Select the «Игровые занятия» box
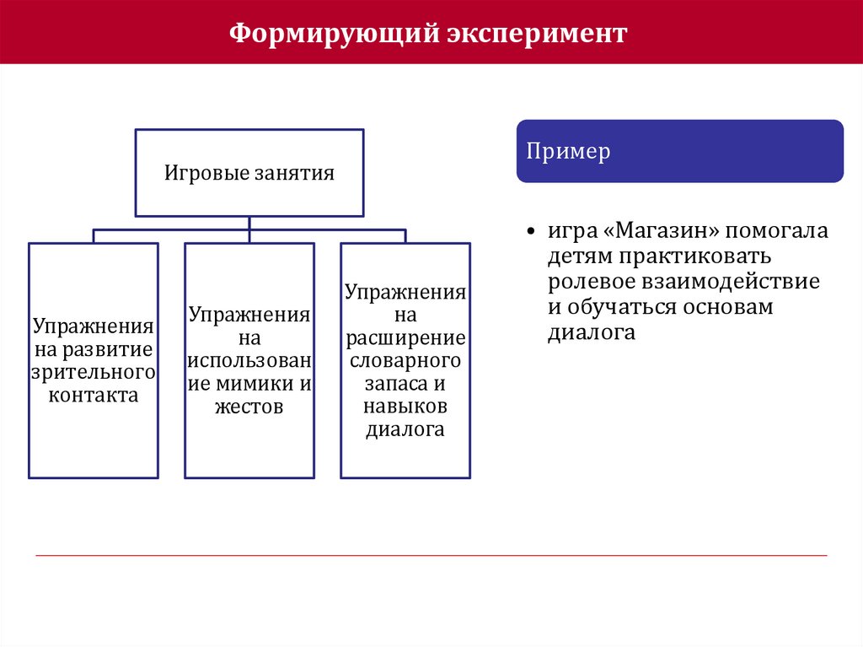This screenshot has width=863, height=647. pos(249,173)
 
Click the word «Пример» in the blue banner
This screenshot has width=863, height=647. pos(569,152)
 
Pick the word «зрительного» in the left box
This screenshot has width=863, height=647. pos(93,371)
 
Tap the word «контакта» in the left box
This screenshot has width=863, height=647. pos(93,394)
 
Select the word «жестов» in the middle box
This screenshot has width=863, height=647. pos(249,407)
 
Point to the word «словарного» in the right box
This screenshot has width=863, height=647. pos(405,361)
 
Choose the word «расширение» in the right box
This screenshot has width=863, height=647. pos(405,338)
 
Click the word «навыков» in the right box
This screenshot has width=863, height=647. pos(405,407)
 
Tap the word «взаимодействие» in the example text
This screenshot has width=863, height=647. pos(730,281)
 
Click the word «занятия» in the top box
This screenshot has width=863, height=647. pos(296,173)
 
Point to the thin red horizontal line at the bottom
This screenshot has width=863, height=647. pos(431,555)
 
